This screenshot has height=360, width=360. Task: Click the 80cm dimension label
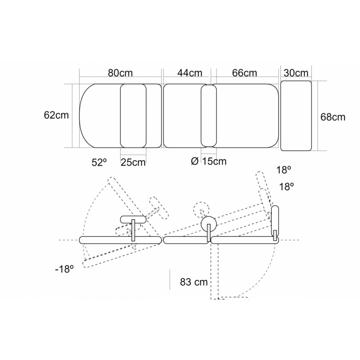(x=120, y=73)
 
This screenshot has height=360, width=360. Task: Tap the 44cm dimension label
(x=189, y=73)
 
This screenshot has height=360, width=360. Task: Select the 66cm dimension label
(x=244, y=73)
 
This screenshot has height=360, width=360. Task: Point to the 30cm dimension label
(x=296, y=73)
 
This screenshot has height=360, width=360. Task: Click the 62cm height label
(x=56, y=115)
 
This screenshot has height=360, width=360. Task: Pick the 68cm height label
(x=333, y=117)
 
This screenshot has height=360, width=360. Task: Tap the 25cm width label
(x=133, y=162)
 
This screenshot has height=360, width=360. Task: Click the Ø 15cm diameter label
(x=209, y=161)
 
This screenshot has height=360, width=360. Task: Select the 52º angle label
(x=99, y=162)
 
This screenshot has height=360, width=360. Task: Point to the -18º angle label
(x=64, y=269)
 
